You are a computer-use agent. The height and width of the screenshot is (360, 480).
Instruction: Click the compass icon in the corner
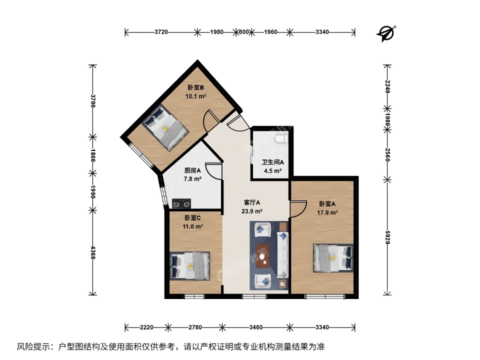(x=386, y=33)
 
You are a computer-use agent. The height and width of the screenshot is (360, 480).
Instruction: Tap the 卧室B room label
(x=195, y=87)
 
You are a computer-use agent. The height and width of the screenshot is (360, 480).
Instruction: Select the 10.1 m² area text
(x=195, y=96)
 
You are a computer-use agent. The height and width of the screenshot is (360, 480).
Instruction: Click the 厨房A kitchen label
(x=192, y=170)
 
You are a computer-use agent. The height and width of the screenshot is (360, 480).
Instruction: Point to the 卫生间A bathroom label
(x=272, y=162)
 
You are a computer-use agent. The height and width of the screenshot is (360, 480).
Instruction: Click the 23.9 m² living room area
(x=252, y=211)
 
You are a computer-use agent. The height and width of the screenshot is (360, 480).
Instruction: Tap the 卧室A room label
(x=327, y=203)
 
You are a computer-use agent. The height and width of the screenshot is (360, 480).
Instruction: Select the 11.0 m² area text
(x=192, y=226)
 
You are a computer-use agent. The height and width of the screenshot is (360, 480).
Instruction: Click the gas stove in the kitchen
(x=181, y=203)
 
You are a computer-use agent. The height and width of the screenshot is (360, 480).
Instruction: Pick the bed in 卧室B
(x=165, y=127)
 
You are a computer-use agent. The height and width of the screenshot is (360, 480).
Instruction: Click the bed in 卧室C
(x=190, y=265)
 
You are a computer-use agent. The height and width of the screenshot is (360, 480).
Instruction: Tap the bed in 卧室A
(x=333, y=258)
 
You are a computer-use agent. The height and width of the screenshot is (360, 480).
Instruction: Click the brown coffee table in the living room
(x=263, y=255)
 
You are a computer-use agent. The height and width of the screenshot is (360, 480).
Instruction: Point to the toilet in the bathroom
(x=280, y=138)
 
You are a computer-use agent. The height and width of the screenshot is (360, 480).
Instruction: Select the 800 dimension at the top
(x=243, y=32)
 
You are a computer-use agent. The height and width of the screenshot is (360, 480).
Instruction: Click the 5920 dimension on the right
(x=387, y=237)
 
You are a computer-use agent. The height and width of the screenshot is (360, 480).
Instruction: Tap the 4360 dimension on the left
(x=93, y=251)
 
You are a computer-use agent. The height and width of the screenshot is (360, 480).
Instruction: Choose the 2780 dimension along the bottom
(x=195, y=327)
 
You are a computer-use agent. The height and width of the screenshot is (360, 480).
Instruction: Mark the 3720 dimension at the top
(x=161, y=32)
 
